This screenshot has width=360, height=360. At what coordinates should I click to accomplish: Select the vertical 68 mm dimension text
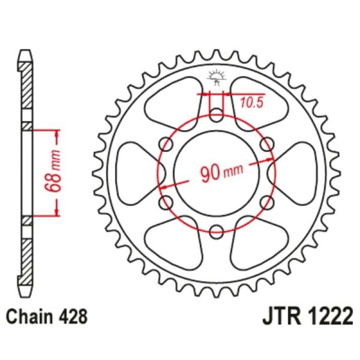point(52,172)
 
